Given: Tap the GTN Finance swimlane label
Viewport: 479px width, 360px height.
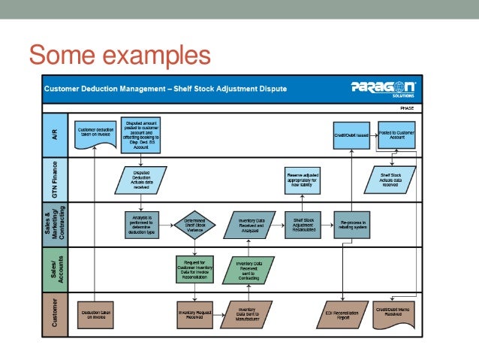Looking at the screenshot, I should pos(53,179).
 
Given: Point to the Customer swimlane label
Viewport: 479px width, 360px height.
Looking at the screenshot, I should pos(53,313).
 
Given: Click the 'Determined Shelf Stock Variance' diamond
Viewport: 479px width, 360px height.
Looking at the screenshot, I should pos(195,223).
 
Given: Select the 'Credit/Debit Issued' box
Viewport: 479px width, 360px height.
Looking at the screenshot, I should pos(351,135).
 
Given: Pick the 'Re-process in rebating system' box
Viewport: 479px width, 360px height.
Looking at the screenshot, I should pos(351,224).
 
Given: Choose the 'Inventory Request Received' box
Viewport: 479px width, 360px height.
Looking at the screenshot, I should pos(195,314).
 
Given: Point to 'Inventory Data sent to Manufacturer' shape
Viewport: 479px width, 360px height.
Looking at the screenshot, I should pos(247,314).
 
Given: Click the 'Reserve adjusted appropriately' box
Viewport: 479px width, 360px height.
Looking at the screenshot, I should pos(303,179).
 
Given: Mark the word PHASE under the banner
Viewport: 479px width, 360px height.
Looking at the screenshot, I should pos(406,107).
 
